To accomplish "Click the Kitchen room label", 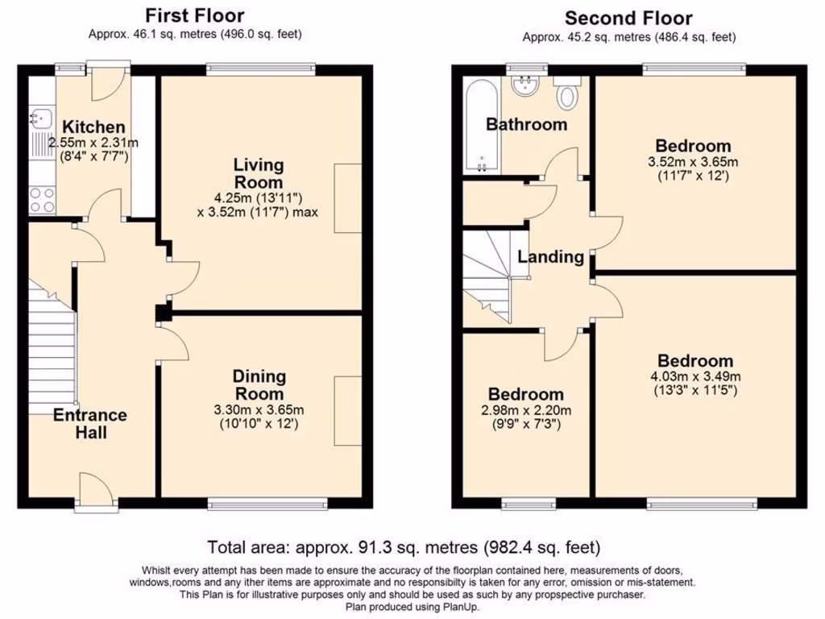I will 94,127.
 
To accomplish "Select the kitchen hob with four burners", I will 41,199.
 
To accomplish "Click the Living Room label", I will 259,173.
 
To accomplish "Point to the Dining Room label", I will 259,384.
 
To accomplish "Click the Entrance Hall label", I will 90,423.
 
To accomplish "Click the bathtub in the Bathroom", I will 481,125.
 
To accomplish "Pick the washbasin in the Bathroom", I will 525,84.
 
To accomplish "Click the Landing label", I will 550,257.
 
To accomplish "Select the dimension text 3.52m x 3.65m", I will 693,161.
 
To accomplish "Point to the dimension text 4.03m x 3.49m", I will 694,376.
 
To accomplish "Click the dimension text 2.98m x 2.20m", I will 525,409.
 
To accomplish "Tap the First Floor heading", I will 194,15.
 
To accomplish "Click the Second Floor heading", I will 628,18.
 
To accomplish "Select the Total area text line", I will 404,548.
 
